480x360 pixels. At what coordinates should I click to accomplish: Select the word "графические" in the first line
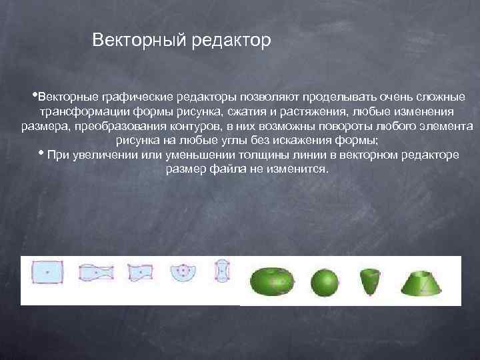pos(136,97)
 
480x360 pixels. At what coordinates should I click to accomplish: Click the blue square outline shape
pos(48,272)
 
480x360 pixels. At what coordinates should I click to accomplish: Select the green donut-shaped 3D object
pos(270,281)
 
